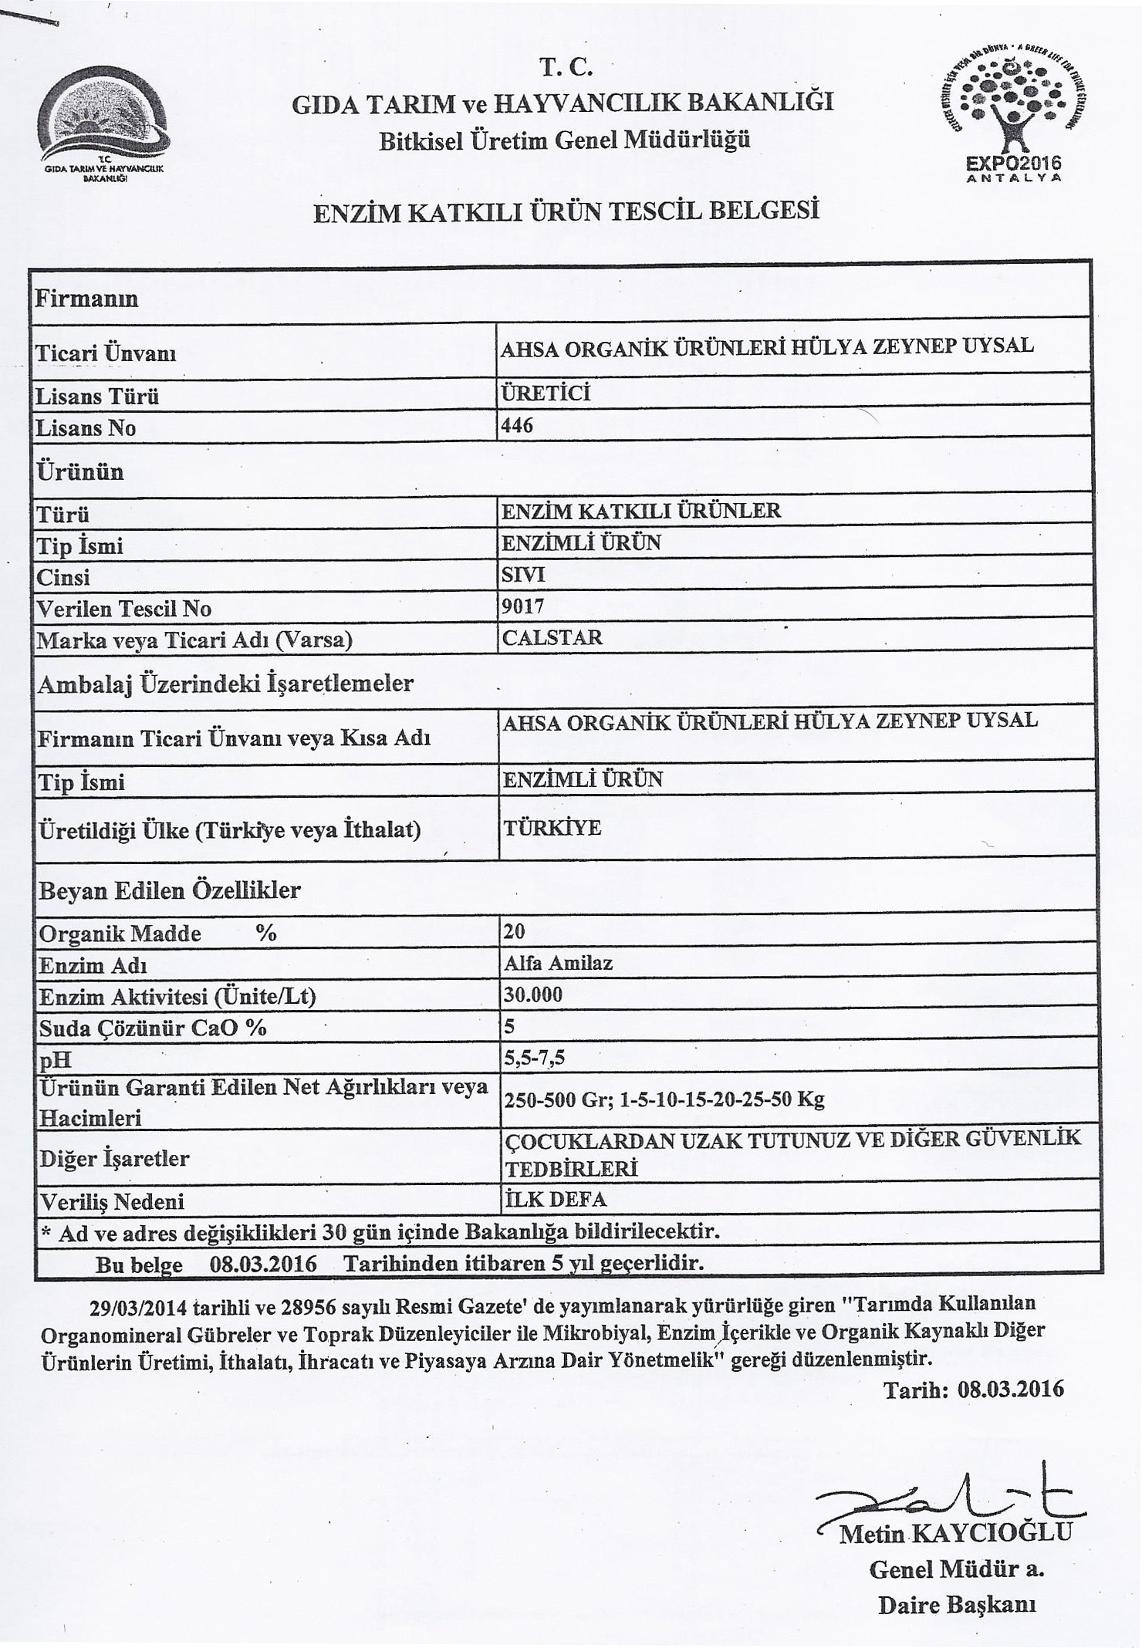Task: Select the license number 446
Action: point(517,426)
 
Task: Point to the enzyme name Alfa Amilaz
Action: point(558,963)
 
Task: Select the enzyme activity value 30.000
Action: point(533,995)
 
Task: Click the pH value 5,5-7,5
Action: point(534,1057)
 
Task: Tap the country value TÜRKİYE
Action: point(552,828)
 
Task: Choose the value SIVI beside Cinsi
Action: point(523,575)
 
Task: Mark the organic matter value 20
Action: point(514,931)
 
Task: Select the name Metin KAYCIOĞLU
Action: point(955,1533)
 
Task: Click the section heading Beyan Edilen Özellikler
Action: point(170,890)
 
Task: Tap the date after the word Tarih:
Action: point(1010,1390)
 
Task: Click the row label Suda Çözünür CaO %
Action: point(153,1028)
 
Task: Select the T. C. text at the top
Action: point(566,68)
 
